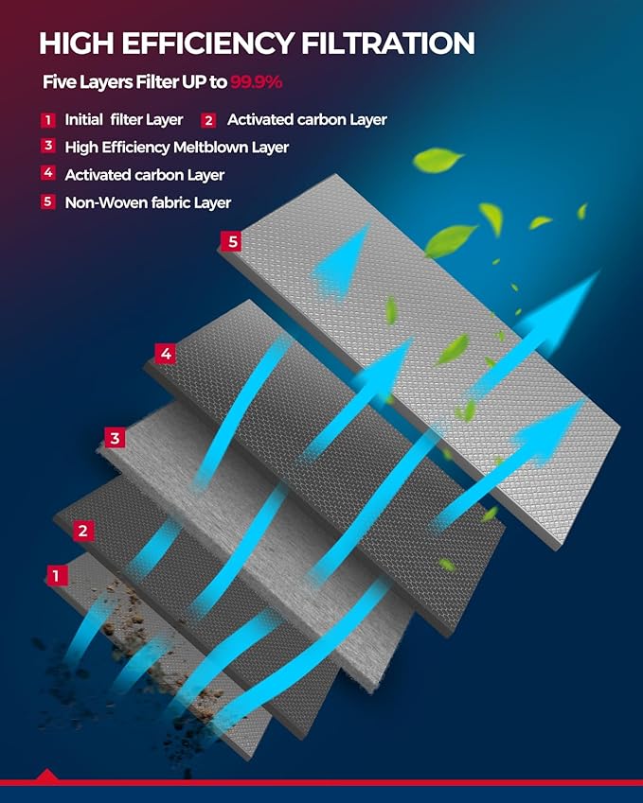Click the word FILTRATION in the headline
pos(387,43)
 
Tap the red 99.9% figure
pos(256,82)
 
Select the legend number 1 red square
pos(48,120)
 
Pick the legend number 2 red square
pos(208,120)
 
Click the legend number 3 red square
pos(48,146)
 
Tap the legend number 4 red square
pos(48,173)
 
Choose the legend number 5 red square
pos(48,201)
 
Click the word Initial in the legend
pos(83,120)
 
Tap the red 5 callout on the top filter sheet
pos(233,241)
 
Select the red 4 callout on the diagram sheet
pos(166,354)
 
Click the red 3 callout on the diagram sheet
pos(115,438)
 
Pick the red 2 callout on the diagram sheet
pos(83,531)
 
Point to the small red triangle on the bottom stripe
pos(47,775)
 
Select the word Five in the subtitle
pos(57,82)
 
